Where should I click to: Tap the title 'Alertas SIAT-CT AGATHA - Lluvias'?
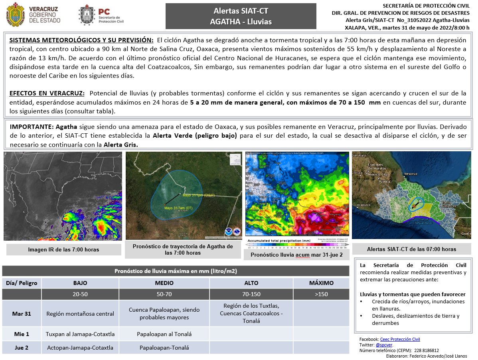(241, 16)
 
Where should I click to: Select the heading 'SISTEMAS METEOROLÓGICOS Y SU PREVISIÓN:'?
(81, 40)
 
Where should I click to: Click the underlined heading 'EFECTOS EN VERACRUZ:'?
(47, 93)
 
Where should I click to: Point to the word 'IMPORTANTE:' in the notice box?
(32, 127)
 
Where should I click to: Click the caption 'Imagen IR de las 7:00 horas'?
(63, 249)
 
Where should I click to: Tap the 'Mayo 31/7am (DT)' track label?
(178, 208)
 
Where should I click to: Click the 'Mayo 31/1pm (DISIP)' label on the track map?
(199, 195)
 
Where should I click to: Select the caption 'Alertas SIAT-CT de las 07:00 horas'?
(411, 249)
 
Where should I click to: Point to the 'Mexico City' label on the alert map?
(379, 174)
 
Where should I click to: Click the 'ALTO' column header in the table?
(251, 283)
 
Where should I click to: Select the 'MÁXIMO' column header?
(321, 283)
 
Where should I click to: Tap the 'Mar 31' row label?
(22, 314)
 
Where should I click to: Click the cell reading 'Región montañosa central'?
(80, 314)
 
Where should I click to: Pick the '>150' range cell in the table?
(321, 294)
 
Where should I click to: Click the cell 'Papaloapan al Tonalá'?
(164, 334)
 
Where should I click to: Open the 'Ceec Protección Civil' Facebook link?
(400, 339)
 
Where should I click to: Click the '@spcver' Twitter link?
(384, 345)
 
